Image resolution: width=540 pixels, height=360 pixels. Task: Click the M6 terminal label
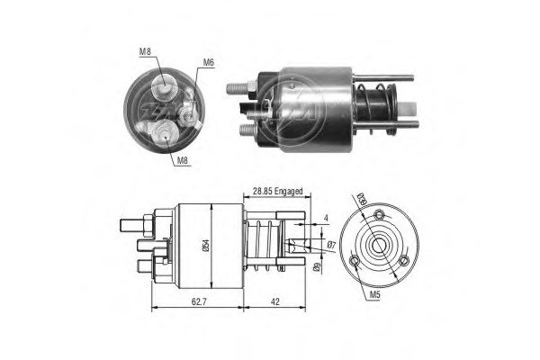pos(208,62)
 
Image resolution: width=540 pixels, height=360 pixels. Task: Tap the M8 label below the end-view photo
pos(184,161)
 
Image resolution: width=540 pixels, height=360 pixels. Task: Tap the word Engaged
pos(291,192)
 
